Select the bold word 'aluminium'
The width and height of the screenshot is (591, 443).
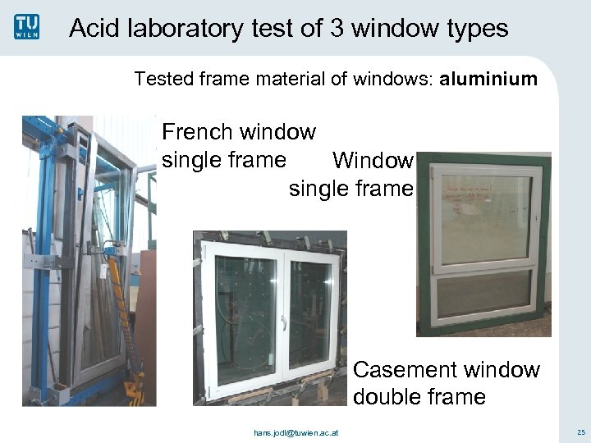pyautogui.click(x=488, y=80)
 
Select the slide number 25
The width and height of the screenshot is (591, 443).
pyautogui.click(x=580, y=432)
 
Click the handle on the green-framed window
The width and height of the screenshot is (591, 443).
pyautogui.click(x=534, y=219)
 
